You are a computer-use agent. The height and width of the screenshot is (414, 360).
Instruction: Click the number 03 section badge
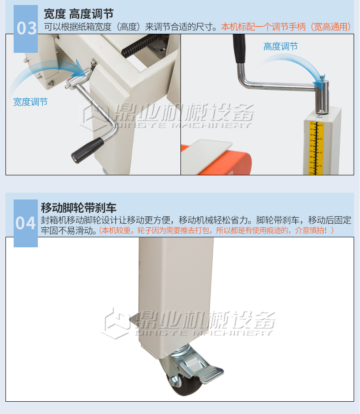26,29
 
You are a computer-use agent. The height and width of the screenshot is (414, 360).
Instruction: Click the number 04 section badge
26,223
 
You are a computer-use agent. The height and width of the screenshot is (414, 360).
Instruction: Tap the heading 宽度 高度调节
78,14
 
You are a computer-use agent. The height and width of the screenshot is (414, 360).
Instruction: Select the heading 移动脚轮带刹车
78,208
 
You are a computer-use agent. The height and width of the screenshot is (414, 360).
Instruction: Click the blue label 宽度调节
31,102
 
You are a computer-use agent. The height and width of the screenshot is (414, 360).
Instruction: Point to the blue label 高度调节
281,46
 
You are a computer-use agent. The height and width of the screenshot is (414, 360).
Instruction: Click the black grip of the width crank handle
87,150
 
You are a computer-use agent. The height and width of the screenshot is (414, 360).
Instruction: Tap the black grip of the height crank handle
239,49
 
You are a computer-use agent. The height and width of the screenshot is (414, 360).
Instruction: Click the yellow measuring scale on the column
316,148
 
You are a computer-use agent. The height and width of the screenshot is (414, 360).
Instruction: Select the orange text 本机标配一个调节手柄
263,27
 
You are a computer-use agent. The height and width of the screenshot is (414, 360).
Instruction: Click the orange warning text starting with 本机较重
216,230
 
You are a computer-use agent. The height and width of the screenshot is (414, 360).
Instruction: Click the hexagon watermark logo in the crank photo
93,116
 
